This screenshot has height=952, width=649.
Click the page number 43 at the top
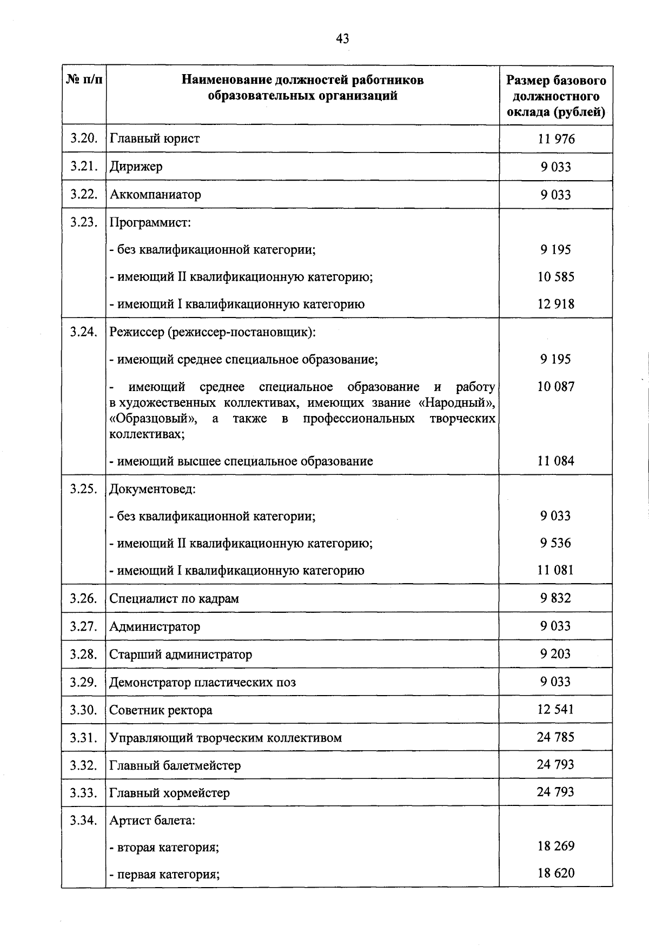pyautogui.click(x=342, y=38)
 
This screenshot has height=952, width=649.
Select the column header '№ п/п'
pyautogui.click(x=84, y=81)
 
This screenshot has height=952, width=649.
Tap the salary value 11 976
pyautogui.click(x=556, y=139)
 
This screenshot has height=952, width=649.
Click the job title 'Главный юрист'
pyautogui.click(x=155, y=138)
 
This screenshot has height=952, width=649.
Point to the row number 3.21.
pyautogui.click(x=83, y=167)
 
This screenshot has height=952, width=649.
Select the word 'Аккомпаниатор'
pyautogui.click(x=155, y=194)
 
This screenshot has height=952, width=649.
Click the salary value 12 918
pyautogui.click(x=556, y=304)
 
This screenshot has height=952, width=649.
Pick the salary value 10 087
pyautogui.click(x=556, y=386)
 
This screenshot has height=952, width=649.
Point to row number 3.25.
pyautogui.click(x=83, y=489)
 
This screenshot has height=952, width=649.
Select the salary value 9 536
pyautogui.click(x=555, y=543)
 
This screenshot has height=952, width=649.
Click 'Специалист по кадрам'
pyautogui.click(x=174, y=599)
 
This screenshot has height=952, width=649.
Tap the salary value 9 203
pyautogui.click(x=555, y=654)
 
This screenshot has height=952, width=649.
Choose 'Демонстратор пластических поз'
pyautogui.click(x=203, y=682)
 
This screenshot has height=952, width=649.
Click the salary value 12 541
pyautogui.click(x=555, y=709)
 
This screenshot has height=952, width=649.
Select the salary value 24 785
pyautogui.click(x=555, y=737)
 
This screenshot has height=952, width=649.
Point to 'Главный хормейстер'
pyautogui.click(x=169, y=793)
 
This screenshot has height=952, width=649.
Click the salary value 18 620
pyautogui.click(x=556, y=873)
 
